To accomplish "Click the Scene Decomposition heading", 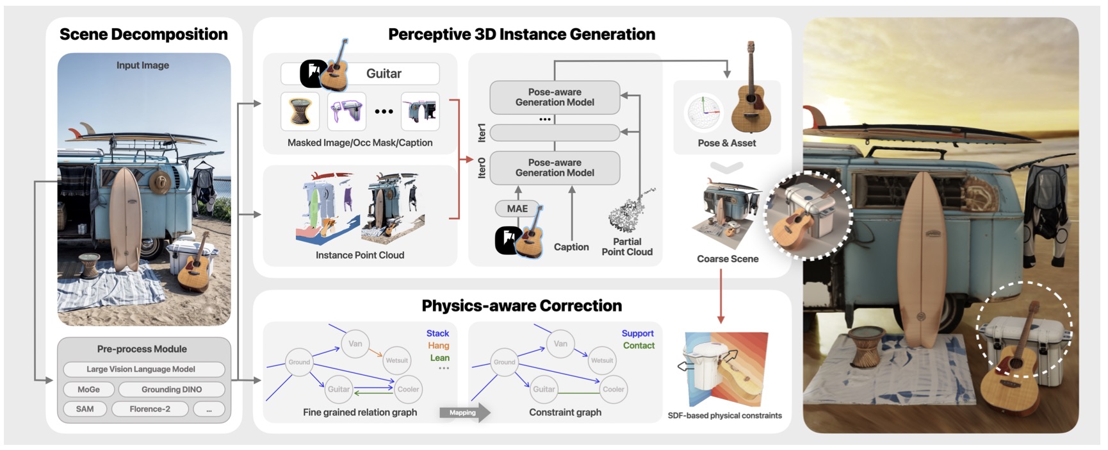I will pos(143,35).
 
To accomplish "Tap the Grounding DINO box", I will pos(172,389).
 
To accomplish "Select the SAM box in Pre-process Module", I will pos(85,409).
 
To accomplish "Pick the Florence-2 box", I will pos(150,409).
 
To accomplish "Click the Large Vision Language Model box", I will pos(141,369).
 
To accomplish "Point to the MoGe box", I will pos(88,389).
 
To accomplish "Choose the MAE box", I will pos(517,209).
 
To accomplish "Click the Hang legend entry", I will pos(439,346).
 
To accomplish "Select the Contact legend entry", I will pos(639,346).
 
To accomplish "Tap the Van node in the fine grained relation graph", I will pos(355,344).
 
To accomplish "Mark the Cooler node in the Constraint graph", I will pos(613,389).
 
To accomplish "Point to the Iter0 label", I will pos(482,168).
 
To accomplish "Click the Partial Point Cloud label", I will pos(627,247).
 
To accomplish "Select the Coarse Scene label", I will pos(728,259).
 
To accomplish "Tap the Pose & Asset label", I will pos(727,144).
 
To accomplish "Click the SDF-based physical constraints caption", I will pos(724,415).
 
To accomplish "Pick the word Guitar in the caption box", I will pos(384,74).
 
